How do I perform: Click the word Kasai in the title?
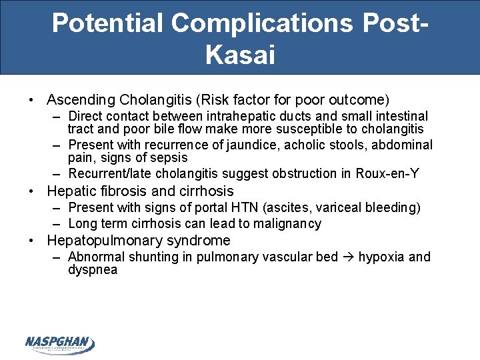240,55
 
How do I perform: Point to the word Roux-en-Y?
389,173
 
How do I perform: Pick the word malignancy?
289,224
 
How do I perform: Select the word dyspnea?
93,270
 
